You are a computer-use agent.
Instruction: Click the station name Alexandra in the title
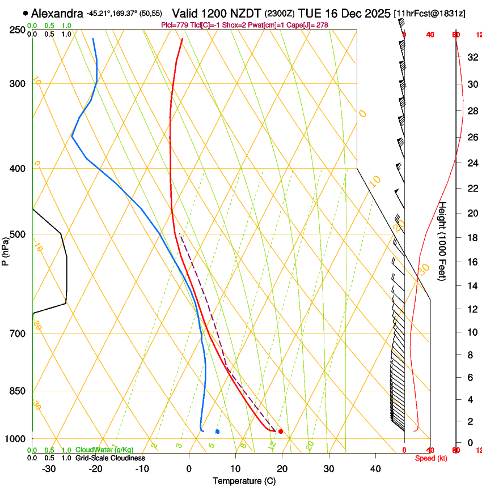pyautogui.click(x=57, y=13)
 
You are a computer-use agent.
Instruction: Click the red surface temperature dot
pyautogui.click(x=281, y=432)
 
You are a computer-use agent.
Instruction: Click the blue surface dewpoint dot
pyautogui.click(x=217, y=432)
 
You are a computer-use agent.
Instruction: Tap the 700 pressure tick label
pyautogui.click(x=18, y=334)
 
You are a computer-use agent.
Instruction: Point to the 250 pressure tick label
pyautogui.click(x=18, y=30)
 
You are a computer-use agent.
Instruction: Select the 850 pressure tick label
pyautogui.click(x=18, y=391)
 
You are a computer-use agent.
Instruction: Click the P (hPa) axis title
pyautogui.click(x=5, y=250)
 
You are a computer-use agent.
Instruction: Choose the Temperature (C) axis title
pyautogui.click(x=244, y=481)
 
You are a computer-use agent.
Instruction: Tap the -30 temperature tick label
pyautogui.click(x=49, y=469)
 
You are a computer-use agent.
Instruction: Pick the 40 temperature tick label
pyautogui.click(x=375, y=469)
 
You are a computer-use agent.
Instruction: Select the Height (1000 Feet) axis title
pyautogui.click(x=443, y=241)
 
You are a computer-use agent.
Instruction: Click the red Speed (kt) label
pyautogui.click(x=430, y=458)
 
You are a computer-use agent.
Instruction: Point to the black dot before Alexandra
pyautogui.click(x=26, y=13)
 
